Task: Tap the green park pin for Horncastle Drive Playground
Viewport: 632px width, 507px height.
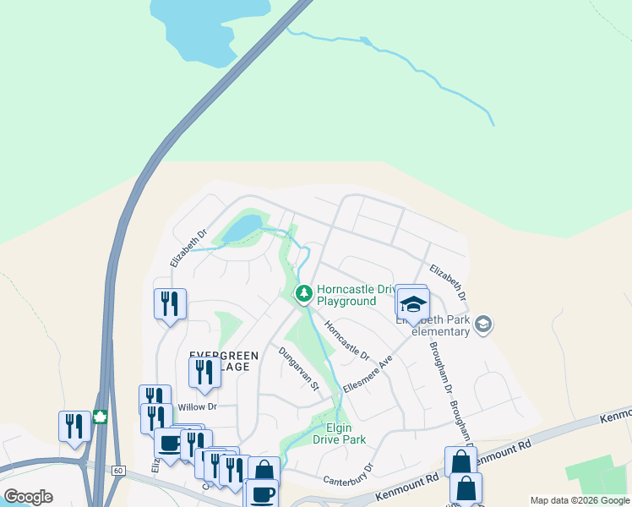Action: (303, 294)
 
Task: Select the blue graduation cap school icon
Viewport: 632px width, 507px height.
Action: (413, 304)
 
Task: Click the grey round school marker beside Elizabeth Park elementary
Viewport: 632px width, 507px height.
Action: (483, 324)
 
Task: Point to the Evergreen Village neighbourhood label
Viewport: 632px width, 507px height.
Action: (219, 361)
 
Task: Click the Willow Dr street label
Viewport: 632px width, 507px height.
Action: (198, 406)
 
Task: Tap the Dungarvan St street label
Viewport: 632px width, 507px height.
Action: (299, 368)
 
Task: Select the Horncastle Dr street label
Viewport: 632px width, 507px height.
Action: (347, 341)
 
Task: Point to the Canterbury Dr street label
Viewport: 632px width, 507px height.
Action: (348, 473)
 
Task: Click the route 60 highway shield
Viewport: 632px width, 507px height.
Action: (117, 469)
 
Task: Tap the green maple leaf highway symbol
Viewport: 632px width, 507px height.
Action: (100, 417)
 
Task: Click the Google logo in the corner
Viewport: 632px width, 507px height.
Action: (28, 497)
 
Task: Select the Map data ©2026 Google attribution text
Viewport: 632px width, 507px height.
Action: (579, 501)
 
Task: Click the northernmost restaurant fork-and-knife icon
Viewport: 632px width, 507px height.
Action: (169, 303)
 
